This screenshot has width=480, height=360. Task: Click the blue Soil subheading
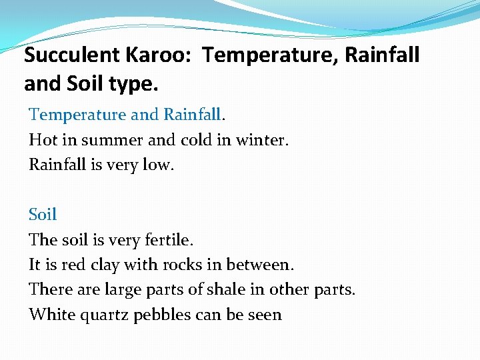click(x=43, y=215)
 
